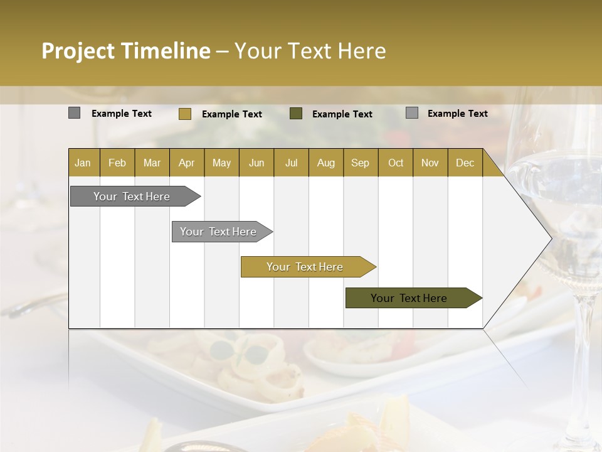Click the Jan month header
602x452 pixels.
[83, 163]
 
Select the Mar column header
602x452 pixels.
[152, 163]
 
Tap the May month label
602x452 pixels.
[221, 163]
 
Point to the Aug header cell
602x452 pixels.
[325, 163]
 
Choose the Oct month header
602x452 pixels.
[395, 163]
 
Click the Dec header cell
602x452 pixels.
[465, 163]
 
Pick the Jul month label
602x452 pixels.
[291, 163]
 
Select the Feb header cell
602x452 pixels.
[117, 163]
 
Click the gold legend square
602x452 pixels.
[184, 114]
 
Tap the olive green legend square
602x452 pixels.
[296, 114]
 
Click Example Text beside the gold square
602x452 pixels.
[231, 114]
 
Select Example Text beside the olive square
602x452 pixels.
[342, 114]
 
